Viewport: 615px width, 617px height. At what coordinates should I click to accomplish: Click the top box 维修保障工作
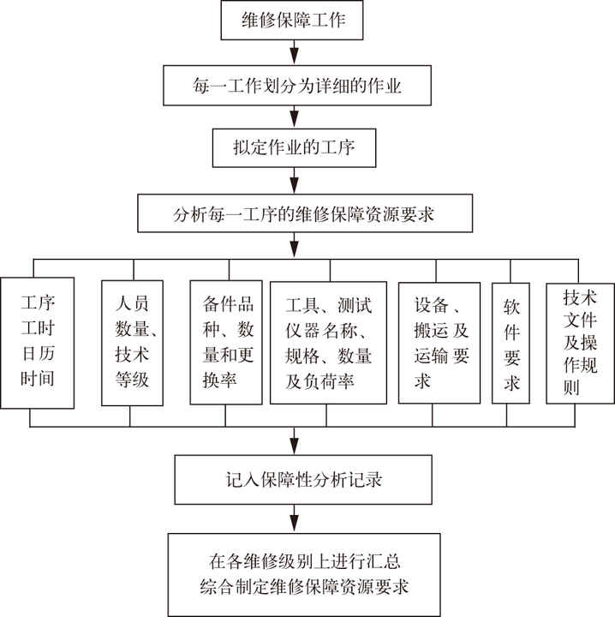click(295, 21)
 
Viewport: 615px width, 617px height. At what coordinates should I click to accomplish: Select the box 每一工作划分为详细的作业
click(295, 86)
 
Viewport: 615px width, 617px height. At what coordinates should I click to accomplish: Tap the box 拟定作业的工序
click(295, 149)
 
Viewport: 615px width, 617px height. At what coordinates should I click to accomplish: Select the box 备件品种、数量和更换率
click(225, 341)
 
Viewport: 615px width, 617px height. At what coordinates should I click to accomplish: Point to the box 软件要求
click(511, 341)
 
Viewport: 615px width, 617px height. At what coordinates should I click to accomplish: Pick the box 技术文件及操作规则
click(580, 341)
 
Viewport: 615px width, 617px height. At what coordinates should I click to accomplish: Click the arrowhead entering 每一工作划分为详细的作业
click(295, 59)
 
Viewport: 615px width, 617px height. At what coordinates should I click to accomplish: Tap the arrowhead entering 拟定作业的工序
click(295, 123)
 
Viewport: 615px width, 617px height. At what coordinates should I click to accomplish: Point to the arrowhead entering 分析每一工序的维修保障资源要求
click(295, 186)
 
